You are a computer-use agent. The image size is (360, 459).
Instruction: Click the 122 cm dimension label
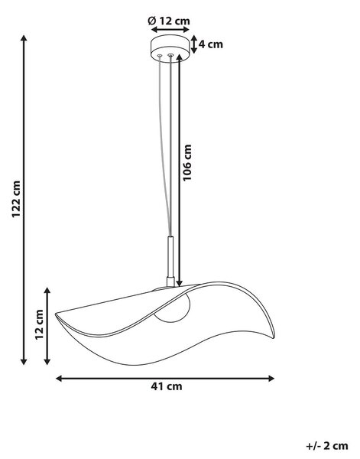16,199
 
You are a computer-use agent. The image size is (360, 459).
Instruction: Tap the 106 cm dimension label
186,163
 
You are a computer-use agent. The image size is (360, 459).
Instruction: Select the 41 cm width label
167,386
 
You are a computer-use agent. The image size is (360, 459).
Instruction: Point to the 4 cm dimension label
210,44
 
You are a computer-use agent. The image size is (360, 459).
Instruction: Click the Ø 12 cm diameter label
169,21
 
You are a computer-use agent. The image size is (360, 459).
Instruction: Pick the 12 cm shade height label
39,324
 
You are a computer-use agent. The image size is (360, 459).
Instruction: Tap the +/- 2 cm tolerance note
327,446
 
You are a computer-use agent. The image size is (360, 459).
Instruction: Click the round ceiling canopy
169,49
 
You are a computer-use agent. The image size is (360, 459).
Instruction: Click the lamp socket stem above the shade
170,260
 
